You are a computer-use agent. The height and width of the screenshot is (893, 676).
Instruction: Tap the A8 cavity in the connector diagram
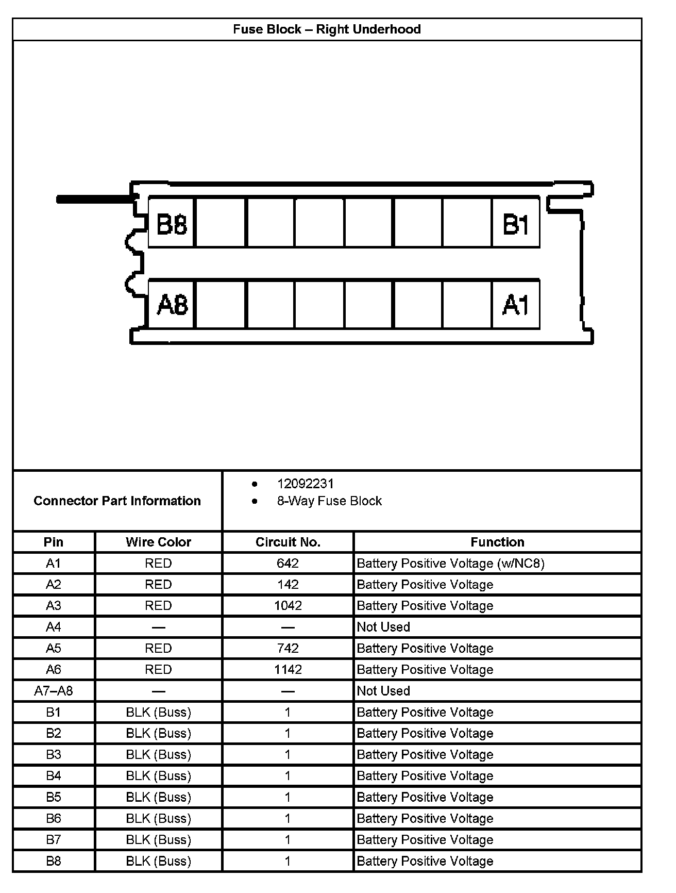[172, 305]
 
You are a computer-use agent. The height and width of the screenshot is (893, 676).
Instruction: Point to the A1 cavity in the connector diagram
[516, 305]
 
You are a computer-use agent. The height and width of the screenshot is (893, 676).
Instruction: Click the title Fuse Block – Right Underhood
[327, 29]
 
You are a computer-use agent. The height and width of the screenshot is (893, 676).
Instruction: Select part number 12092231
[305, 484]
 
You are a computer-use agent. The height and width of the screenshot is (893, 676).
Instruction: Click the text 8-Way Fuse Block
[329, 501]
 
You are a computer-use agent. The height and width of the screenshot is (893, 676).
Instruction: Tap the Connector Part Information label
[117, 501]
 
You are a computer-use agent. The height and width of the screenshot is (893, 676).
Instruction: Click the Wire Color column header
[158, 542]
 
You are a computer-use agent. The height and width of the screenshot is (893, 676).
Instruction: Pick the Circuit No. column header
[288, 542]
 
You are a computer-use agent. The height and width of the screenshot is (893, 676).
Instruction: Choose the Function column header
[497, 542]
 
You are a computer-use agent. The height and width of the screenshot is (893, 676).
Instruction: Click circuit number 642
[288, 563]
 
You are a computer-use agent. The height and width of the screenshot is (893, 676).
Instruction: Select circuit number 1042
[288, 605]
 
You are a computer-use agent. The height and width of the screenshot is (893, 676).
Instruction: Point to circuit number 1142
[288, 669]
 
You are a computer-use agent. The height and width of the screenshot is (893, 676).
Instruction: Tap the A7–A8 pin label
[54, 690]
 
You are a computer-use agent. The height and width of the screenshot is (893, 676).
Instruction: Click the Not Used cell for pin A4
[383, 627]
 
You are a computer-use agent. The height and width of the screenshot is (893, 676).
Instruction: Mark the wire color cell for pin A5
[158, 648]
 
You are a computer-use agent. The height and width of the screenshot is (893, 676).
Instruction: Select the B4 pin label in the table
[54, 775]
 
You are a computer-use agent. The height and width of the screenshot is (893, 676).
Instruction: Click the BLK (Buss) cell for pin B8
[158, 861]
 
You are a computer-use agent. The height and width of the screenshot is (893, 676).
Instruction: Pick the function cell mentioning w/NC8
[450, 563]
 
